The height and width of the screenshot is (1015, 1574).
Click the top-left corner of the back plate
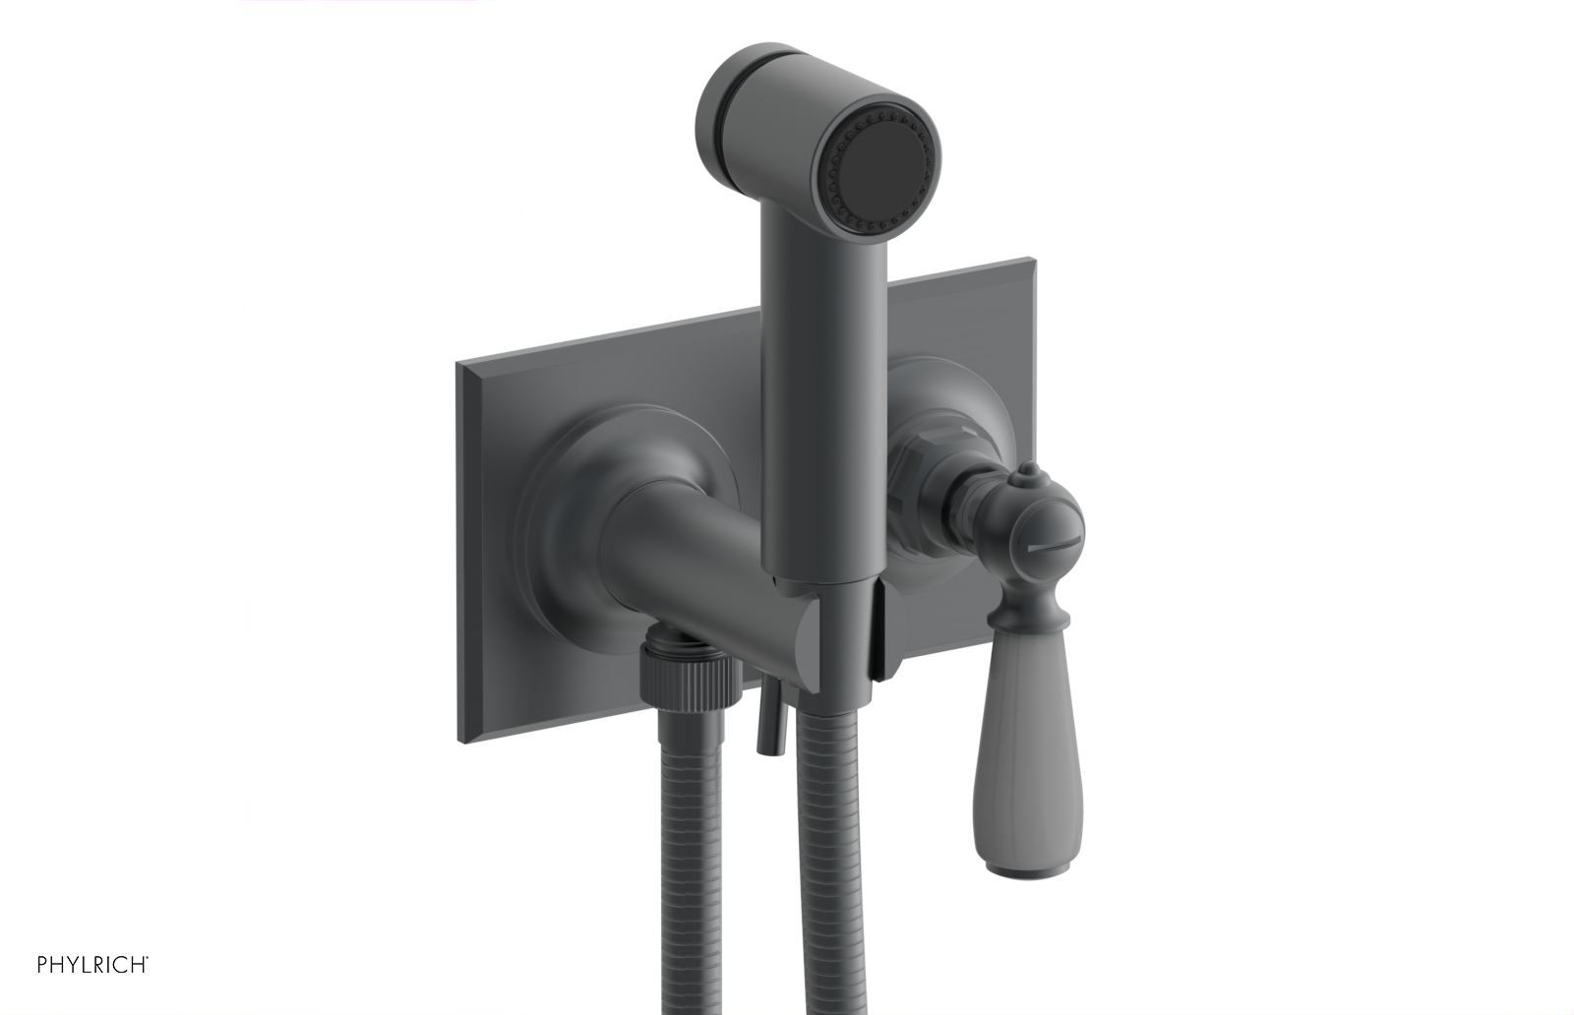click(x=457, y=365)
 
